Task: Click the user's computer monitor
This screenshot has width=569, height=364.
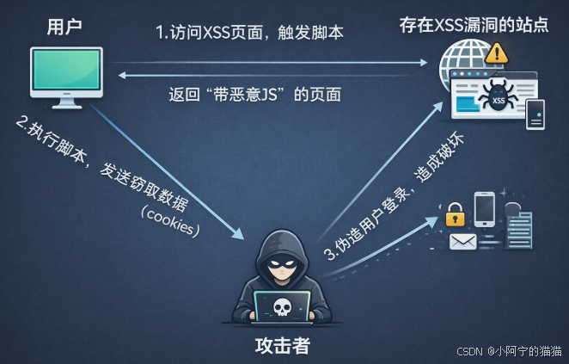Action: pyautogui.click(x=66, y=72)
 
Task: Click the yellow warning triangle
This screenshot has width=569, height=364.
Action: pyautogui.click(x=496, y=53)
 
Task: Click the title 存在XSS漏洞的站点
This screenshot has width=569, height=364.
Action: pyautogui.click(x=473, y=24)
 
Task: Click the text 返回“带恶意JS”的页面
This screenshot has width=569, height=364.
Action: pyautogui.click(x=254, y=94)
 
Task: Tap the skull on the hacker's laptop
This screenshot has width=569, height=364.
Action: pyautogui.click(x=281, y=306)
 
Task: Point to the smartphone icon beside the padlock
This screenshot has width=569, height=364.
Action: pyautogui.click(x=483, y=209)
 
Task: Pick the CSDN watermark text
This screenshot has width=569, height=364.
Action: pyautogui.click(x=508, y=351)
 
